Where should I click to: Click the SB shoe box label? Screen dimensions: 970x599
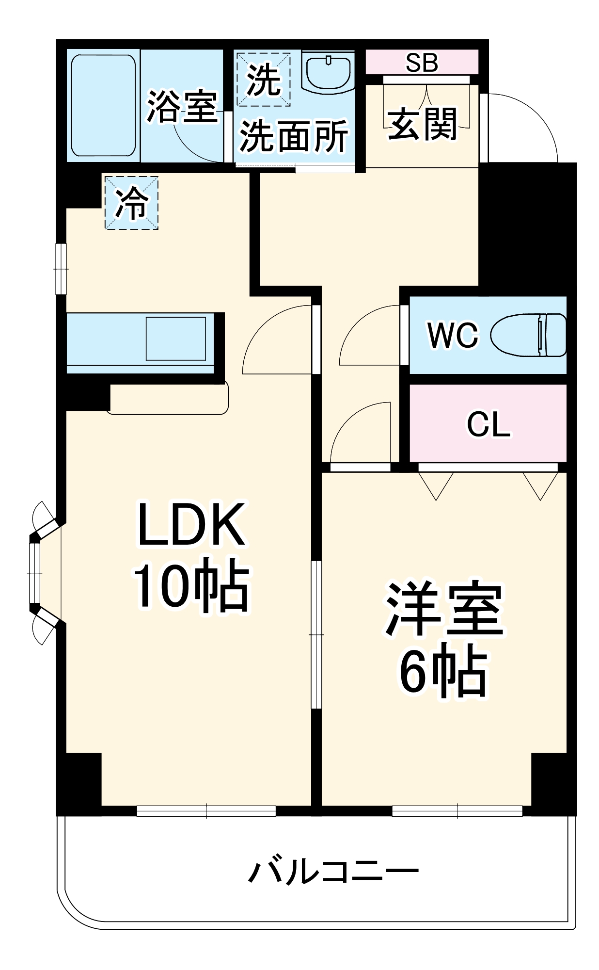(x=422, y=62)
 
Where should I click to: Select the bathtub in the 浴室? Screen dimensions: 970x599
(x=103, y=105)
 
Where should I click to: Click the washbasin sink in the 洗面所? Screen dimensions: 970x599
(x=329, y=73)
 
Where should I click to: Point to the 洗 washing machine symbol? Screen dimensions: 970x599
(x=263, y=80)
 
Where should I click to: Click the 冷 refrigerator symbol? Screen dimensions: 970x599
(x=132, y=202)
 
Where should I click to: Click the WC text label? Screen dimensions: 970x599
(x=453, y=335)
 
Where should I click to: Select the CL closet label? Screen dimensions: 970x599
(x=489, y=424)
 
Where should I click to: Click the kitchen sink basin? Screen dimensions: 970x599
(x=175, y=339)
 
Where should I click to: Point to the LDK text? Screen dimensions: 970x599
(x=191, y=525)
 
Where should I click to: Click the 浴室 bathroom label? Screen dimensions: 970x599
(x=182, y=106)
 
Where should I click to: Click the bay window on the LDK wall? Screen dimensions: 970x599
(x=35, y=573)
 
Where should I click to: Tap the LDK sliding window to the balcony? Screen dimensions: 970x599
(x=206, y=810)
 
